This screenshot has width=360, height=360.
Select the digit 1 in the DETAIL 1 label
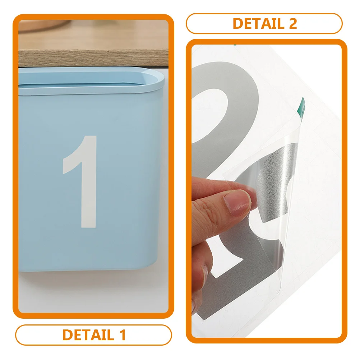121,335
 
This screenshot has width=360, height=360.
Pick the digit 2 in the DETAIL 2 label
292,23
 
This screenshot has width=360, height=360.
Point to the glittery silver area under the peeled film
277,172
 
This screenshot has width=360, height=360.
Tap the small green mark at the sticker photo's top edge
234,45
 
